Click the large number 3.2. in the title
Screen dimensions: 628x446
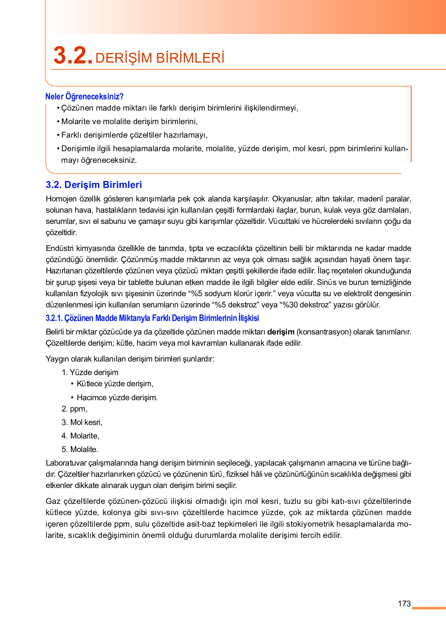[73, 56]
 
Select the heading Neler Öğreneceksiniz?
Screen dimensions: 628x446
[84, 96]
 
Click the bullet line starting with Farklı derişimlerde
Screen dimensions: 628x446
[134, 135]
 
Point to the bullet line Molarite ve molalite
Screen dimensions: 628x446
[129, 121]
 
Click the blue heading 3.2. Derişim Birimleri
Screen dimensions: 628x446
[94, 185]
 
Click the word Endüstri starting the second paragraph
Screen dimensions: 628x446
[60, 248]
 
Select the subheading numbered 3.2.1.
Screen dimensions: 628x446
[152, 318]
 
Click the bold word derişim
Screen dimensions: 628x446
[281, 332]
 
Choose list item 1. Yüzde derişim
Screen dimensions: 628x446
[90, 372]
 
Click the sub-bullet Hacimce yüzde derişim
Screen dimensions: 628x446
[117, 398]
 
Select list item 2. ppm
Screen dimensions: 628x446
[75, 409]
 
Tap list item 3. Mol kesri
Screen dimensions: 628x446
[82, 422]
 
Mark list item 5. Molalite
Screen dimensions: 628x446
[80, 449]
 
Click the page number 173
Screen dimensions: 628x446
[404, 604]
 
